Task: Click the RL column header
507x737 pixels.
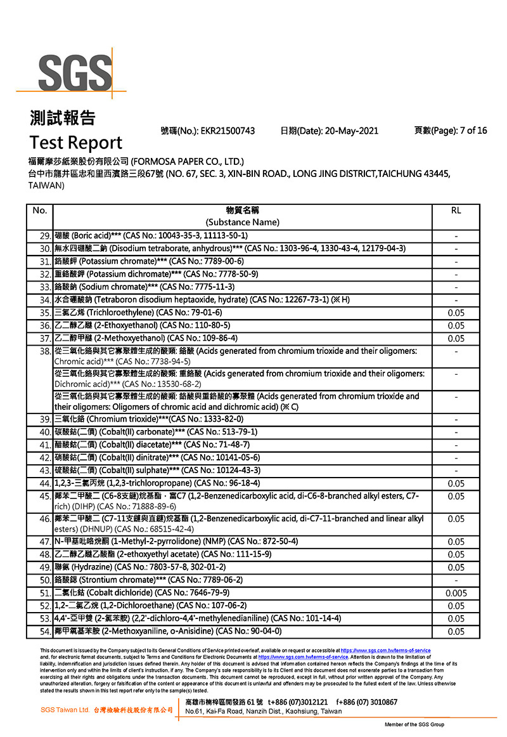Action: tap(456, 210)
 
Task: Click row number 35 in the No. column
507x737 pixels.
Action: tap(44, 313)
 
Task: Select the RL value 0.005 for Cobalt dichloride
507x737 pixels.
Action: tap(456, 593)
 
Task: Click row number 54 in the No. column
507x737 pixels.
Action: tap(44, 631)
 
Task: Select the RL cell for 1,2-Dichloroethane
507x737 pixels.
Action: tap(456, 606)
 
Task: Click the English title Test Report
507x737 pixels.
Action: tap(75, 142)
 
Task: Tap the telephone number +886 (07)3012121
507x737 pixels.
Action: tap(298, 702)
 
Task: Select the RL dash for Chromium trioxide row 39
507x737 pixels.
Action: tap(456, 419)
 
